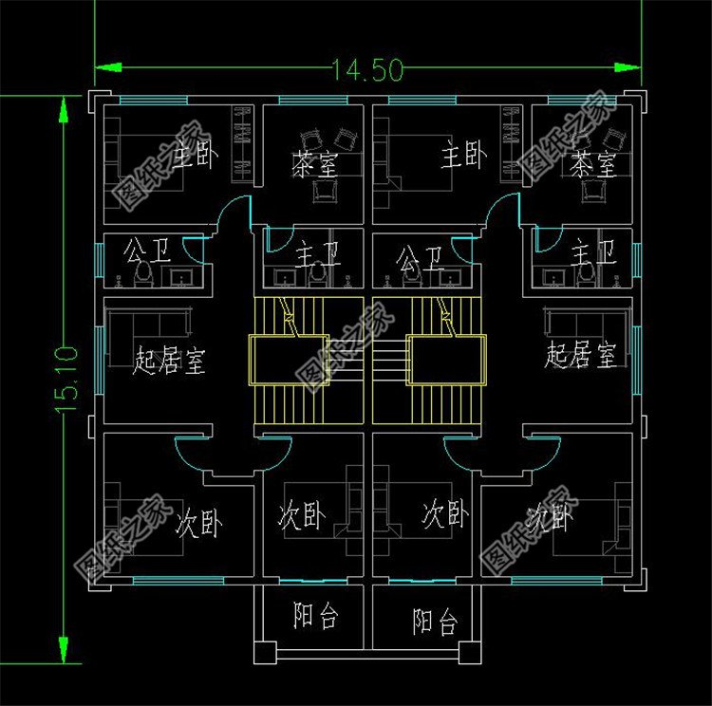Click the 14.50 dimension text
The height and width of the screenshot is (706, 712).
(x=368, y=69)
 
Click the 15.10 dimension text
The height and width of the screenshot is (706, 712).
(x=66, y=380)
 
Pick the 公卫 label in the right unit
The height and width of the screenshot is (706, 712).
(x=421, y=256)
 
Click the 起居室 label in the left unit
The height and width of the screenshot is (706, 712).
(x=171, y=361)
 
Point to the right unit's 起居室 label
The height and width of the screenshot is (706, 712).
(x=581, y=356)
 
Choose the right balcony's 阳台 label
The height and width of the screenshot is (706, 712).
(x=436, y=622)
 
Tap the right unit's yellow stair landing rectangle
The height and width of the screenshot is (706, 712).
(x=438, y=359)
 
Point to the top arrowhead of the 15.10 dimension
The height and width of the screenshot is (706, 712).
(x=64, y=102)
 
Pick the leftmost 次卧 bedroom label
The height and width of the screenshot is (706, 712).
(x=198, y=523)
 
